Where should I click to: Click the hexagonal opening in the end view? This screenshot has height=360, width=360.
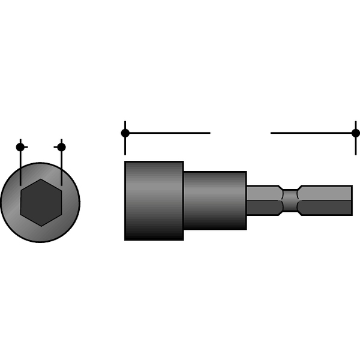[41, 202]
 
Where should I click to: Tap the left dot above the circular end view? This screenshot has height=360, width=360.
[20, 147]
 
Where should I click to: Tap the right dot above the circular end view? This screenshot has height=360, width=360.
[61, 147]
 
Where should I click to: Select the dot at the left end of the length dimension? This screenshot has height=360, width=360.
[125, 133]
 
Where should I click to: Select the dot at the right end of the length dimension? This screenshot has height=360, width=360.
[356, 133]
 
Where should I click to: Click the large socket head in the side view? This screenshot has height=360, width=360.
[154, 200]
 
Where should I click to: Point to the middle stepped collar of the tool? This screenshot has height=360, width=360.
[215, 200]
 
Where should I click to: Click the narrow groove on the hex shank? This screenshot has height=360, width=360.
[290, 200]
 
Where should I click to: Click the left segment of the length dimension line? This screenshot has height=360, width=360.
[168, 133]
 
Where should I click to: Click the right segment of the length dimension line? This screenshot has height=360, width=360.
[312, 133]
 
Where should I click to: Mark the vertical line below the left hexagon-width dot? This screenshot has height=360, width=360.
[20, 168]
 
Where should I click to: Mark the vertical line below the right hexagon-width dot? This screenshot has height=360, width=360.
[61, 168]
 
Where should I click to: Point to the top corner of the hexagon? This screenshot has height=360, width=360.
[41, 179]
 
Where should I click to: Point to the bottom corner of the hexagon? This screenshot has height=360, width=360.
[41, 226]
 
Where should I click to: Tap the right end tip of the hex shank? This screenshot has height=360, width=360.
[351, 200]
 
